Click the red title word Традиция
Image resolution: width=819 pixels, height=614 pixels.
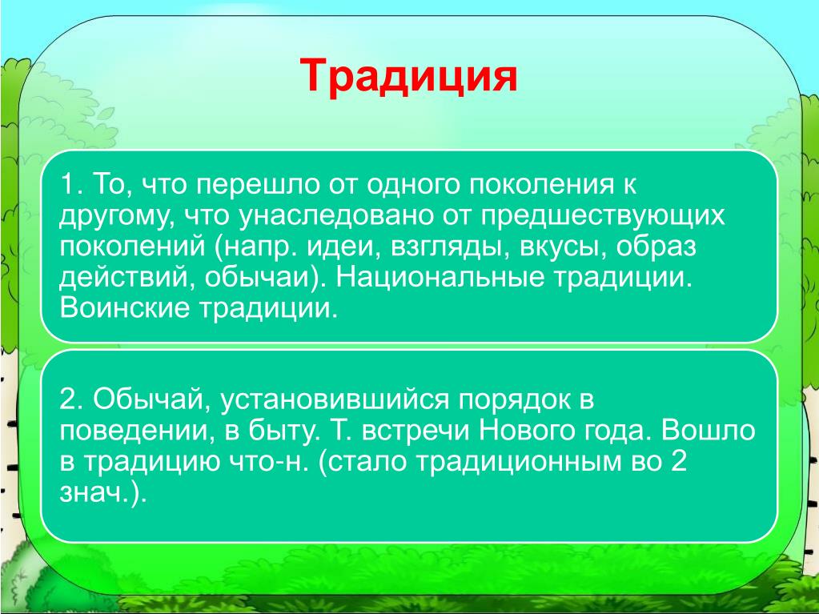[x=408, y=76]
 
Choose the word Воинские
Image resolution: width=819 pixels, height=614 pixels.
[x=124, y=308]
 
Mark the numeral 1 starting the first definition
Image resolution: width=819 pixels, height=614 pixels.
[x=67, y=184]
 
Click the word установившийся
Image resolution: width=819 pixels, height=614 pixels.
[x=335, y=400]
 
